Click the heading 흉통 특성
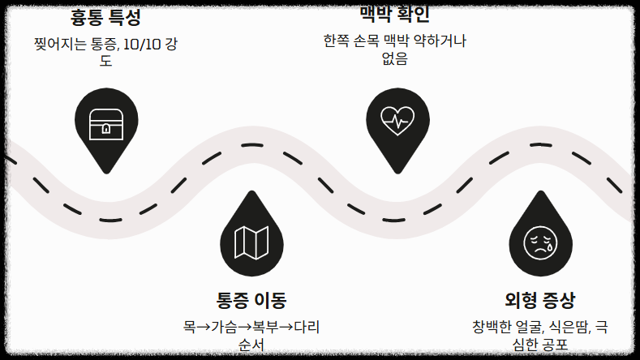[105, 16]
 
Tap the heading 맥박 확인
[394, 14]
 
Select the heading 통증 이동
[251, 300]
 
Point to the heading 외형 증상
[540, 300]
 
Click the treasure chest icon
[106, 123]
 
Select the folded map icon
[251, 241]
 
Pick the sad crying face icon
[540, 241]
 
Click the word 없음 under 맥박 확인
[394, 58]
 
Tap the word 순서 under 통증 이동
[251, 345]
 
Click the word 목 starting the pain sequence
[188, 328]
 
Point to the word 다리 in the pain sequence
[307, 328]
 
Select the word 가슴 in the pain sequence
[224, 328]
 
